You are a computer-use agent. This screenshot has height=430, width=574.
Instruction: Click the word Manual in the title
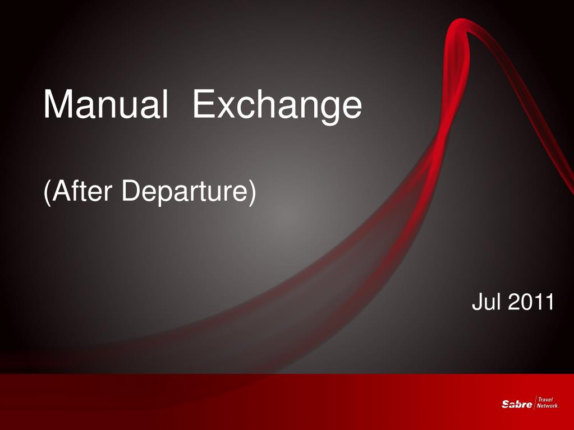tap(106, 104)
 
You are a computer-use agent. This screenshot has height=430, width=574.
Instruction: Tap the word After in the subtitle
tap(82, 190)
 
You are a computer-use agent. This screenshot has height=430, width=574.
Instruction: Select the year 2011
tap(531, 302)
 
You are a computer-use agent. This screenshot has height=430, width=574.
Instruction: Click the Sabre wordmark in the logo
tap(517, 404)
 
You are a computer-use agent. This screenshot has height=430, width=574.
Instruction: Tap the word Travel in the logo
tap(545, 400)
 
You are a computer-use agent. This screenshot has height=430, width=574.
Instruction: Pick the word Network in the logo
tap(547, 405)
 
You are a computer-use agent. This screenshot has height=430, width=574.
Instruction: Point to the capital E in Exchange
tap(204, 104)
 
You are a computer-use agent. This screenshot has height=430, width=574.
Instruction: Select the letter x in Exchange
tap(227, 108)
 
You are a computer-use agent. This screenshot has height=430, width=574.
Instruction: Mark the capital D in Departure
tap(131, 190)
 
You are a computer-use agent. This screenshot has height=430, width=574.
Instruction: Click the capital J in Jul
tap(477, 302)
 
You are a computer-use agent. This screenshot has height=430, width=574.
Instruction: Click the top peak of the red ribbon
tap(460, 21)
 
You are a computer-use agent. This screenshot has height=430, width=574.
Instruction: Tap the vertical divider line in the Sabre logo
tap(535, 403)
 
